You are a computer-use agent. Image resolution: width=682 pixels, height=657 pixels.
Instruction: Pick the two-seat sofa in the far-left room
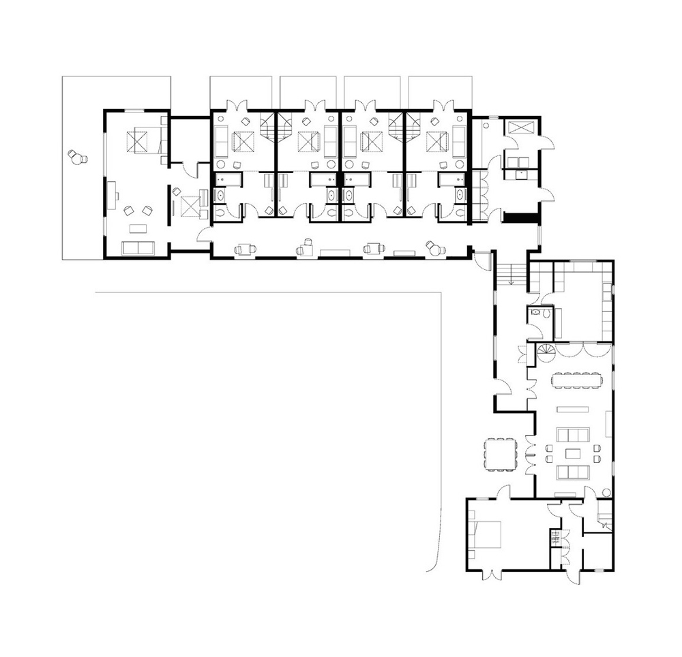point(138,247)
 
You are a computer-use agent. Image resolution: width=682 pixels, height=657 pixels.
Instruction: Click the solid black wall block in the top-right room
point(516,219)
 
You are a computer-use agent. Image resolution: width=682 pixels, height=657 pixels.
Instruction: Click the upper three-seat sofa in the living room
point(573,436)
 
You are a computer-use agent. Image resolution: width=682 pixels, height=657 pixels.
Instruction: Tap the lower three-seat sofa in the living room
point(573,472)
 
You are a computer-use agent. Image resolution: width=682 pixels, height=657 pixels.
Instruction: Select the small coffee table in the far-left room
point(139,227)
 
